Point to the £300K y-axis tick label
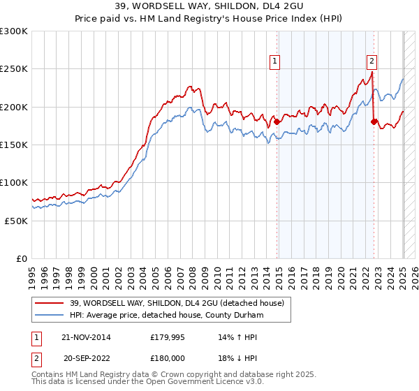pyautogui.click(x=14, y=31)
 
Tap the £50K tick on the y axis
pyautogui.click(x=16, y=221)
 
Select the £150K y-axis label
pyautogui.click(x=14, y=145)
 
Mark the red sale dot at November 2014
pyautogui.click(x=277, y=121)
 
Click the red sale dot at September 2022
pyautogui.click(x=374, y=121)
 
